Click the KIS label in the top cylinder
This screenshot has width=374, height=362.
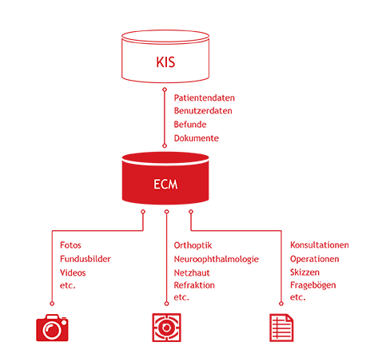165,62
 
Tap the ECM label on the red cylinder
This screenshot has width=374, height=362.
165,185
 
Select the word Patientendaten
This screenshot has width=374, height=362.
205,97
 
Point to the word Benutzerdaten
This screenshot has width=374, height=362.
203,111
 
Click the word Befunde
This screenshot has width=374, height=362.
190,125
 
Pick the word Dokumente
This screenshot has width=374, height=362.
197,138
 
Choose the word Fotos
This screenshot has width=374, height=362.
70,245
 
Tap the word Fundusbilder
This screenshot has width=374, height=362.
86,259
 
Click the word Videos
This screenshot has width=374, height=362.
73,272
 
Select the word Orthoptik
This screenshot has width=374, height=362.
193,245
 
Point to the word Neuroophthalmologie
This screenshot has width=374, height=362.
217,260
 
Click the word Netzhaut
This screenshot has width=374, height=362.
192,272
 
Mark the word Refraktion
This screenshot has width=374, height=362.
194,285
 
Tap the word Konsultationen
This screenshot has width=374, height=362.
320,245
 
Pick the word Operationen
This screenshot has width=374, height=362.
315,259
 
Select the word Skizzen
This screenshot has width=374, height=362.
304,272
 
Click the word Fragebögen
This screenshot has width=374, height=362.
313,285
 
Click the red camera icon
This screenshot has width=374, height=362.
52,328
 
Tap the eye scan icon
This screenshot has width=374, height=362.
166,328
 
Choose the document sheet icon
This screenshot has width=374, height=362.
281,328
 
